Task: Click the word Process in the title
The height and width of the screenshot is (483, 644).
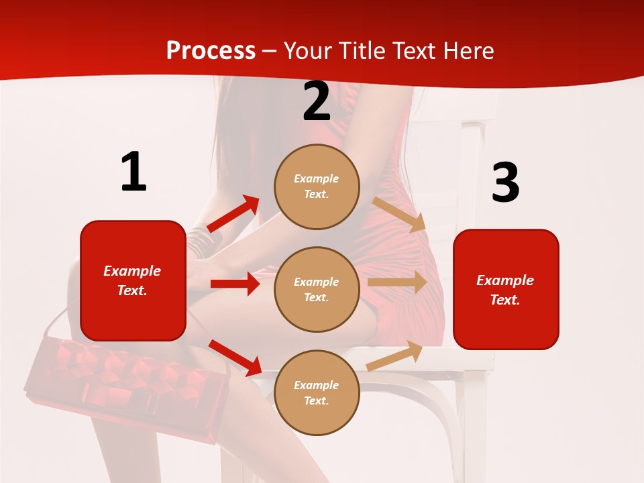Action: coord(211,51)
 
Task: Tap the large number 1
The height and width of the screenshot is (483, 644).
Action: coord(133,172)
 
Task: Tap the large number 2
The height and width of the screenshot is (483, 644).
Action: coord(317,101)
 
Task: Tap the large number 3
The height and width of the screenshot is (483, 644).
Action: coord(505,183)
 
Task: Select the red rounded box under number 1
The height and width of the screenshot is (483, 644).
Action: coord(133,280)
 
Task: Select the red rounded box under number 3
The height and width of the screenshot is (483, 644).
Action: coord(506,289)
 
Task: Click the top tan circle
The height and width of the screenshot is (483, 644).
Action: coord(317,186)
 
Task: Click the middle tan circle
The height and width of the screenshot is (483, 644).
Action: coord(317,289)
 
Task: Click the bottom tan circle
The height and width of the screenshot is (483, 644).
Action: coord(317,392)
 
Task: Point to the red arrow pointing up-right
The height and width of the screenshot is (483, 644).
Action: coord(234,214)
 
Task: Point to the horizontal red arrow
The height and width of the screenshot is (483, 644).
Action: coord(235,284)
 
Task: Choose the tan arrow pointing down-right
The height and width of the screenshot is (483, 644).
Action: coord(399,214)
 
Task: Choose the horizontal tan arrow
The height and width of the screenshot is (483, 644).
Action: coord(396,282)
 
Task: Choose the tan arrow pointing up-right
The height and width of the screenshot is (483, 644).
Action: coord(395,356)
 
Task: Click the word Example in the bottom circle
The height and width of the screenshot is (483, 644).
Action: coord(317,385)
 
